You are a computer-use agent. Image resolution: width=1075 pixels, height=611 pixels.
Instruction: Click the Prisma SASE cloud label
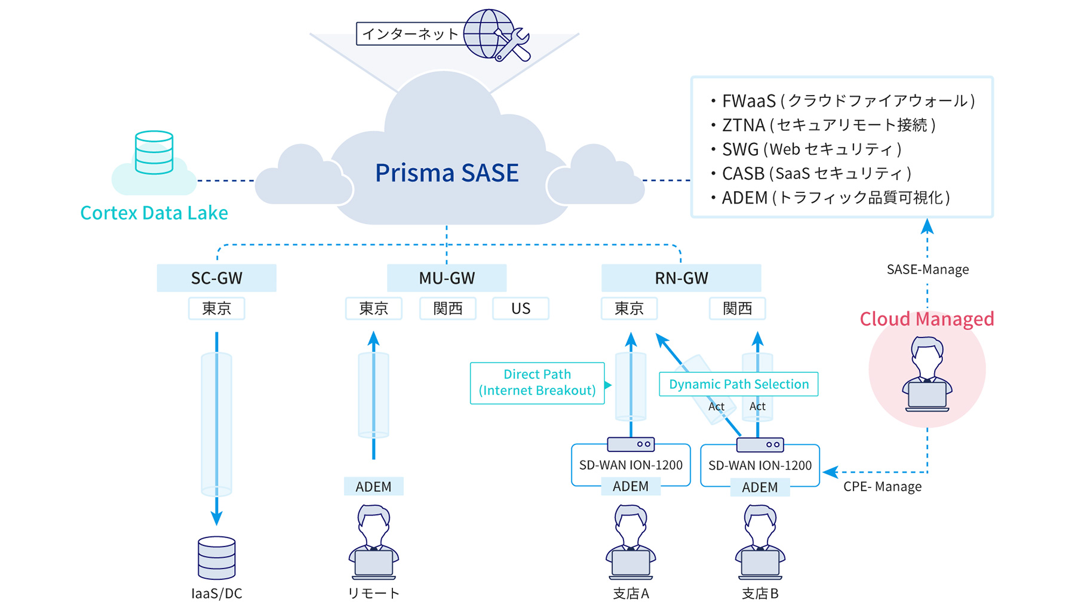point(447,173)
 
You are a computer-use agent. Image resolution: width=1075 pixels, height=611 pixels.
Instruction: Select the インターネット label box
point(410,34)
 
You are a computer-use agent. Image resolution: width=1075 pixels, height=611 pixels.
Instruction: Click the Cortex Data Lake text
point(154,213)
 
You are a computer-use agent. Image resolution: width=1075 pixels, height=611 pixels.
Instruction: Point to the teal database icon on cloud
point(154,153)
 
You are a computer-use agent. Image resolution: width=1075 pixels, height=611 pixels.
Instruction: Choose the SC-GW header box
point(216,278)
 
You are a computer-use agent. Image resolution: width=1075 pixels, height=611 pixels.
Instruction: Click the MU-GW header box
point(447,278)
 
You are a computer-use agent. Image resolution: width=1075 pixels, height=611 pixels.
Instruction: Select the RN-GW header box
point(681,278)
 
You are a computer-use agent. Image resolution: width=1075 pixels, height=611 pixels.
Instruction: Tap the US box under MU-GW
point(520,308)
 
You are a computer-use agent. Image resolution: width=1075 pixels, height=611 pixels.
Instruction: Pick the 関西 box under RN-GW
point(737,308)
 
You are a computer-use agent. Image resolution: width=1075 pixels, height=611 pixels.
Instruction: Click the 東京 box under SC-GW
point(216,308)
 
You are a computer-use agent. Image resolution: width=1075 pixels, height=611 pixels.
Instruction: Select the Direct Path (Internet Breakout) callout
point(537,383)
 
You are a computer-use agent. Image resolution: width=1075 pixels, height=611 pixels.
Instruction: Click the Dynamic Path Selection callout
point(738,384)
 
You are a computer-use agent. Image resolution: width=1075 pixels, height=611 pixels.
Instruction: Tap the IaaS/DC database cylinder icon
point(216,558)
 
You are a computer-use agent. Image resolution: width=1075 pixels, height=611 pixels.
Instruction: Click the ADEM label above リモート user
point(373,486)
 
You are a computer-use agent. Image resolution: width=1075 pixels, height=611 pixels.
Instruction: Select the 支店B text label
point(760,593)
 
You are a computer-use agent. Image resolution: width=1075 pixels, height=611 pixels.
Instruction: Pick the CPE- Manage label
point(882,486)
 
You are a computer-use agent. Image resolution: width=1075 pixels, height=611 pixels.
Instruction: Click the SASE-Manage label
point(927,269)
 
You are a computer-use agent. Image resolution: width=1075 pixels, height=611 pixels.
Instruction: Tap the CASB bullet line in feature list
point(816,173)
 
